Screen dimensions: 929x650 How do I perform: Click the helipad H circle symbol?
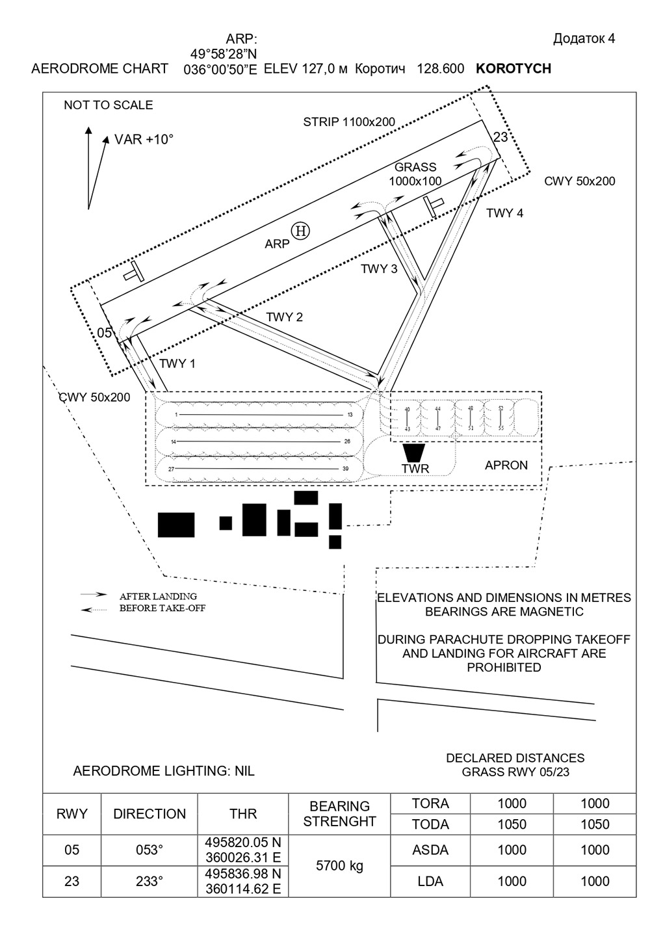301,230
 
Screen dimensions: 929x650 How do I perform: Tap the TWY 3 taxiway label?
379,268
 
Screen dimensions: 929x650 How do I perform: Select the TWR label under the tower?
415,468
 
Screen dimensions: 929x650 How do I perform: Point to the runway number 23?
500,137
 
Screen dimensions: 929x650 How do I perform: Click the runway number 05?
105,333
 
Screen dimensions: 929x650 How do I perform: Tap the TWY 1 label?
177,363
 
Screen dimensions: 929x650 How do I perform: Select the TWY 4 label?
504,213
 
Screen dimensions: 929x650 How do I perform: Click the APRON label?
506,465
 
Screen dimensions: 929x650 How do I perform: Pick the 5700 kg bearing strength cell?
339,865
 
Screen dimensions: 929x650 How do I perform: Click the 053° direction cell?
149,850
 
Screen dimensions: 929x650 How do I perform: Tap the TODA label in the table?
430,824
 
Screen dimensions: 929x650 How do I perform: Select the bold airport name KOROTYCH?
513,68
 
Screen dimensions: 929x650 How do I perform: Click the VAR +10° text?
144,139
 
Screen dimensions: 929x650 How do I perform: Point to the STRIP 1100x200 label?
349,122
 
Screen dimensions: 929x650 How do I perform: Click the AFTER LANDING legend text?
158,595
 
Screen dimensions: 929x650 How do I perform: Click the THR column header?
243,813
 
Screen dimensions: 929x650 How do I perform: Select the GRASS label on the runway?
415,167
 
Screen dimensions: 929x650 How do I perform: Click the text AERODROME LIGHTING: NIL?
164,771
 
